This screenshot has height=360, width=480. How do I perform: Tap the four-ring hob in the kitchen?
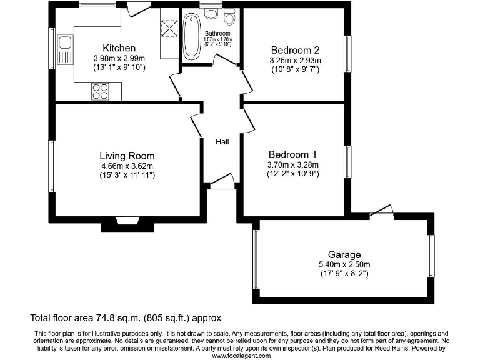pyautogui.click(x=100, y=91)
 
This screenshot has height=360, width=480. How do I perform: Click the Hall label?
pyautogui.click(x=222, y=142)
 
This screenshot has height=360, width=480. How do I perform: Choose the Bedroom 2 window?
pyautogui.click(x=347, y=54)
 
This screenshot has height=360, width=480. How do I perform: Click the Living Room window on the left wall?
pyautogui.click(x=52, y=166)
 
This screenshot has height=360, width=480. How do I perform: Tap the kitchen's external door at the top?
pyautogui.click(x=138, y=9)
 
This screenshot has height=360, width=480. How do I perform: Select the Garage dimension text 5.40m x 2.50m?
pyautogui.click(x=344, y=264)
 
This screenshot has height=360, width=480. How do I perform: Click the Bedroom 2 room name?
pyautogui.click(x=295, y=51)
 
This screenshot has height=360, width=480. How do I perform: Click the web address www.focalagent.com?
pyautogui.click(x=241, y=356)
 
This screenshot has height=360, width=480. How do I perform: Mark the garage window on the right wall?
pyautogui.click(x=431, y=256)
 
